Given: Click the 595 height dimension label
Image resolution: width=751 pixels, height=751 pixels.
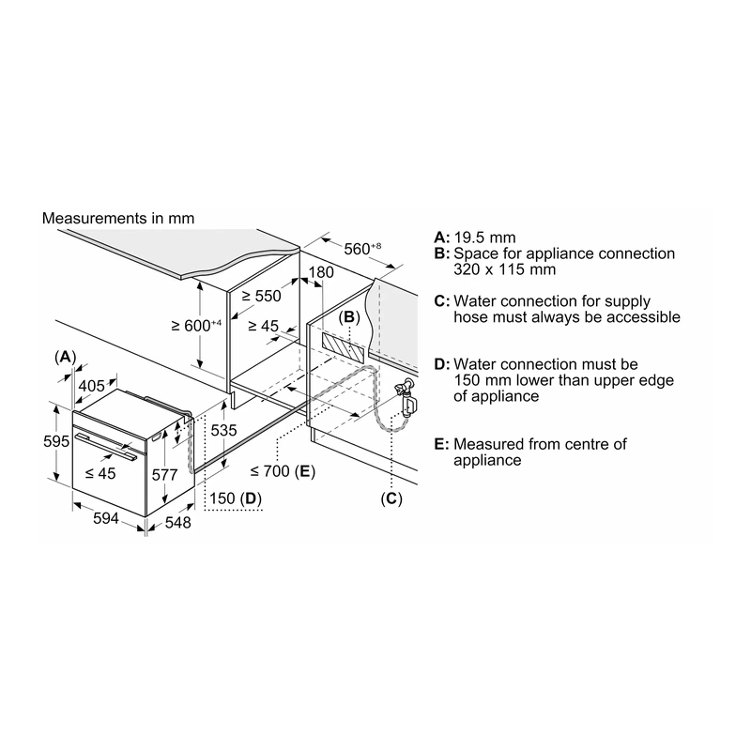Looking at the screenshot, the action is pos(56,441).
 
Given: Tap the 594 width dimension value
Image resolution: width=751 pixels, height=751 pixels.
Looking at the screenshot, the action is pos(106,518).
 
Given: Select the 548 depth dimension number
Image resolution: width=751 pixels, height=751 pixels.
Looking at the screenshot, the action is pos(177,523).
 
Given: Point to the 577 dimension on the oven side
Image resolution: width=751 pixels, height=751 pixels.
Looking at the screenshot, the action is pos(165,475).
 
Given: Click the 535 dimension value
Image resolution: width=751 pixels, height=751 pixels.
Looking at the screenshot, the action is pos(223,430).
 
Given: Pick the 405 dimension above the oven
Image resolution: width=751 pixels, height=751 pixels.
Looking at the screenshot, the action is pos(91,386).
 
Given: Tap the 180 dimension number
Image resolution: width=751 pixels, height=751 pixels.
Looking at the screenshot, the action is pos(321,272).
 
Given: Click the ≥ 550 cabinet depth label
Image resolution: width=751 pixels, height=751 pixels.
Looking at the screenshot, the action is pos(262,296).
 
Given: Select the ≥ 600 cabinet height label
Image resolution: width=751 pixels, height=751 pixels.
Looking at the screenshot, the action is pos(196,325).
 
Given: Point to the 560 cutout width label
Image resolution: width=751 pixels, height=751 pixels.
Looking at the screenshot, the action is pos(362,249).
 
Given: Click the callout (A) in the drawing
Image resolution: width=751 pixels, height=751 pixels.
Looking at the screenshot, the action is pos(65,357).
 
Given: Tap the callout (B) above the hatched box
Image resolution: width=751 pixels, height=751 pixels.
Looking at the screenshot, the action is pos(349,317).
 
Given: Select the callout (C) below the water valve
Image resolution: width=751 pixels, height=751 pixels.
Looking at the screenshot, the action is pos(391,498).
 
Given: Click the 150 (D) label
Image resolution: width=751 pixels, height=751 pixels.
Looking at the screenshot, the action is pos(236,498).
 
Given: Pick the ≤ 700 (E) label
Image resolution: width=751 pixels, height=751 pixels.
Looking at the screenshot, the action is pos(283,471).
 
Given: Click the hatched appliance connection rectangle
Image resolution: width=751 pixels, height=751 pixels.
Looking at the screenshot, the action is pos(343,346).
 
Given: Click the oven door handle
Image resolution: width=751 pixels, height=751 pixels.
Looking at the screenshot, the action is pos(105,447).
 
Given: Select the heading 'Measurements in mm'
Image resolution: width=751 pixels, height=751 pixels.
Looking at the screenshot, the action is pos(118,219).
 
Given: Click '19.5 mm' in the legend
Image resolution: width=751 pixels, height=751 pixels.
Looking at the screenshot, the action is pos(484,238).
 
